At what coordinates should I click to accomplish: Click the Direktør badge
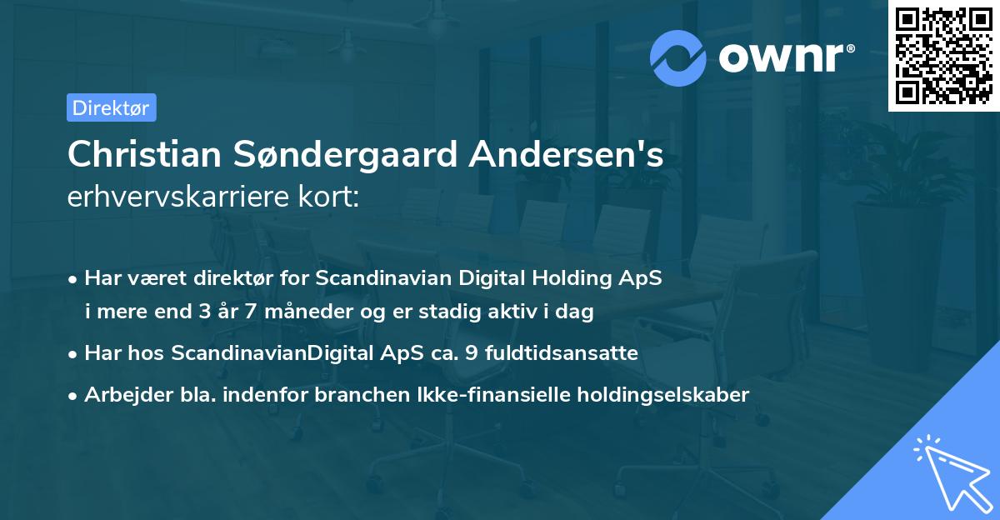[111, 107]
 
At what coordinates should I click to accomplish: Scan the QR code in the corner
[943, 55]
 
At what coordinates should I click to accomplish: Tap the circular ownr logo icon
[679, 57]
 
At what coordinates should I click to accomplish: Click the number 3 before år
[203, 312]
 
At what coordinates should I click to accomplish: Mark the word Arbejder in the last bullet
[122, 394]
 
